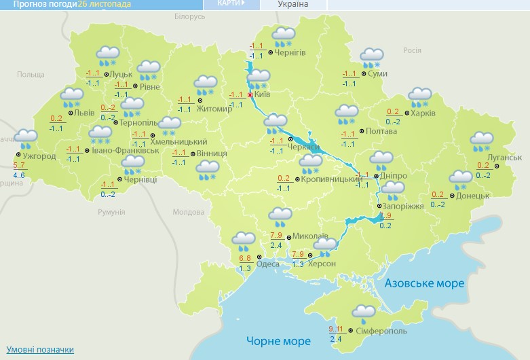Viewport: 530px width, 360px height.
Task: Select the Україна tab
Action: [293, 4]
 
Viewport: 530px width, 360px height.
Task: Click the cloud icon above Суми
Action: [371, 56]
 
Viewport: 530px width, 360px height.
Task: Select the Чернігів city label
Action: [290, 52]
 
